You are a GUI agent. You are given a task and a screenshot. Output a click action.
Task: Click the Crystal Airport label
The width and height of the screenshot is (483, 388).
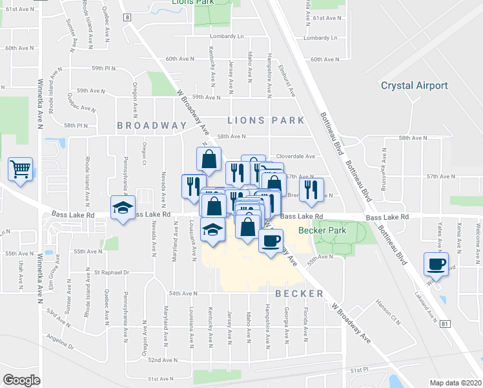pos(414,85)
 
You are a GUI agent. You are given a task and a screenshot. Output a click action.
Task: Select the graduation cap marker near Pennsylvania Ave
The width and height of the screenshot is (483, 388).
pos(122,208)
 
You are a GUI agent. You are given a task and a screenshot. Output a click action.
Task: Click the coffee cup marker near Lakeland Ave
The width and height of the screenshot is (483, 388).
pos(436,264)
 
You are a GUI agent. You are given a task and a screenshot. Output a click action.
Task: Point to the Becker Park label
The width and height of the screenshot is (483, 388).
pos(322,230)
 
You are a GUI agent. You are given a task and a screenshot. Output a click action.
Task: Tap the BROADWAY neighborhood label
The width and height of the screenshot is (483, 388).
pos(151,125)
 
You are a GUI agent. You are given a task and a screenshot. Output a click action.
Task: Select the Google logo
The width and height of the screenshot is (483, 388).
pos(21,380)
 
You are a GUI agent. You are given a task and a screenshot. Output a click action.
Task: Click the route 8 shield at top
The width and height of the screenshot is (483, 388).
pos(128,17)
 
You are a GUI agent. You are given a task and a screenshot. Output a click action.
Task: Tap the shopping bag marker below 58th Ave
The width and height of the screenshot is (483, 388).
pos(210,158)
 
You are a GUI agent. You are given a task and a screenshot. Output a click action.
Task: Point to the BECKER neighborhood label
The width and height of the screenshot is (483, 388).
pos(298,294)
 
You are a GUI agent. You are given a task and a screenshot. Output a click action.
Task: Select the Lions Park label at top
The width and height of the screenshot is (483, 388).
pos(192,3)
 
